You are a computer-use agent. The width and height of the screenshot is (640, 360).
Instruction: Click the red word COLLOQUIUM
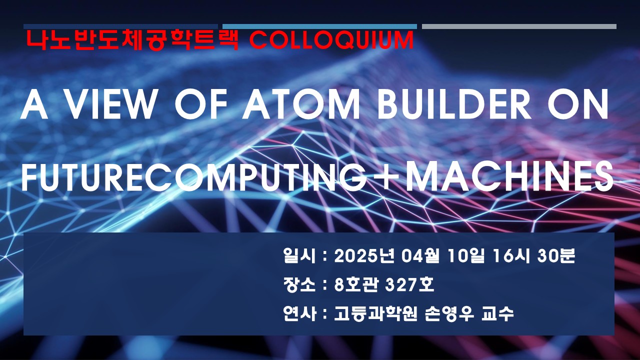coord(331,40)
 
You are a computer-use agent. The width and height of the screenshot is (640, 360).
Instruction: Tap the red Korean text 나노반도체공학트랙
coord(132,40)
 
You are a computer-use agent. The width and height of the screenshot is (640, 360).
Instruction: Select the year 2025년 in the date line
coord(364,255)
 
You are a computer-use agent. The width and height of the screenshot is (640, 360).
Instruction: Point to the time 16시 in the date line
coord(511,255)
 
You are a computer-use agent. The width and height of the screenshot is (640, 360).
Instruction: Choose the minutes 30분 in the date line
coord(556,255)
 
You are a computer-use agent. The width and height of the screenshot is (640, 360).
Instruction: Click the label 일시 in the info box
coord(299,255)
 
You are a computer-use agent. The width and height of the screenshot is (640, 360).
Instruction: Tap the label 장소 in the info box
coord(299,285)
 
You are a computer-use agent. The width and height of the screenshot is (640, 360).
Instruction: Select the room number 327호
coord(409,285)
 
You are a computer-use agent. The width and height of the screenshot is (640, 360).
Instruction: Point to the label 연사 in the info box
coord(299,313)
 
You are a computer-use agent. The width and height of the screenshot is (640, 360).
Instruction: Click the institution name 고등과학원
coord(376,313)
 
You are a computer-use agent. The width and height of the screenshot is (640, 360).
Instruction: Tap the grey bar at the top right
coord(519,26)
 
